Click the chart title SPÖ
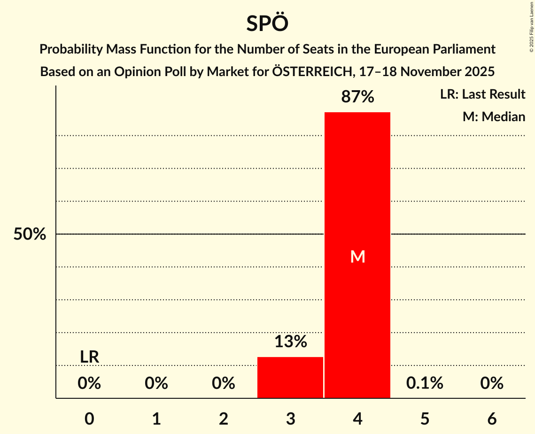click(267, 23)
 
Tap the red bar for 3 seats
click(290, 378)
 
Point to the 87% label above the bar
click(357, 97)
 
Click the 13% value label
click(290, 341)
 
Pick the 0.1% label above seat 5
click(425, 383)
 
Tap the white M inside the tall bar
click(357, 256)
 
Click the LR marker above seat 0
click(89, 357)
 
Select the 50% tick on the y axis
click(30, 234)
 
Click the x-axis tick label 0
click(89, 419)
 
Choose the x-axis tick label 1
click(156, 419)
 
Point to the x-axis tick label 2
click(224, 419)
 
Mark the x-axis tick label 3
click(290, 419)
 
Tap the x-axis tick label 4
click(357, 419)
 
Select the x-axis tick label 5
click(425, 419)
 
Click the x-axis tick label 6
click(492, 419)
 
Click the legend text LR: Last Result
click(482, 94)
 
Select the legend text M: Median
click(494, 116)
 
